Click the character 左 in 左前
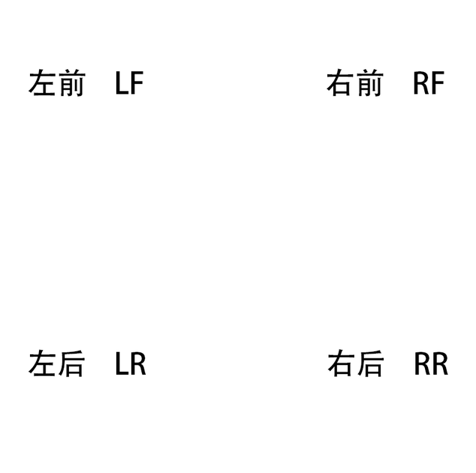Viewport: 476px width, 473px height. [42, 83]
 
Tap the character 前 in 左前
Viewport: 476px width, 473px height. [71, 83]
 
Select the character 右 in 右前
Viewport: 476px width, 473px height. [340, 83]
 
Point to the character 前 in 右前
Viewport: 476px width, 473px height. [369, 83]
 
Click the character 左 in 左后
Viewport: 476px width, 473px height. [42, 363]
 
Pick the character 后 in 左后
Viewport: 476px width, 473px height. [71, 363]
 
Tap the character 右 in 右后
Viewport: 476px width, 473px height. [341, 363]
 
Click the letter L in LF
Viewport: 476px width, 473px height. [122, 83]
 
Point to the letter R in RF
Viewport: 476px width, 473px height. [421, 83]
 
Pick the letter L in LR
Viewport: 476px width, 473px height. [122, 363]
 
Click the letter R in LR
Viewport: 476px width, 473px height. [139, 363]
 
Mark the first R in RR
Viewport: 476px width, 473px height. [422, 363]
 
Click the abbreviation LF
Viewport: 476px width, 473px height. [130, 83]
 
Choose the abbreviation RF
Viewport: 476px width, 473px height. [429, 83]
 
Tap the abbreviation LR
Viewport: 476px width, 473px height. [131, 363]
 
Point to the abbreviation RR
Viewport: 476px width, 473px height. [432, 363]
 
